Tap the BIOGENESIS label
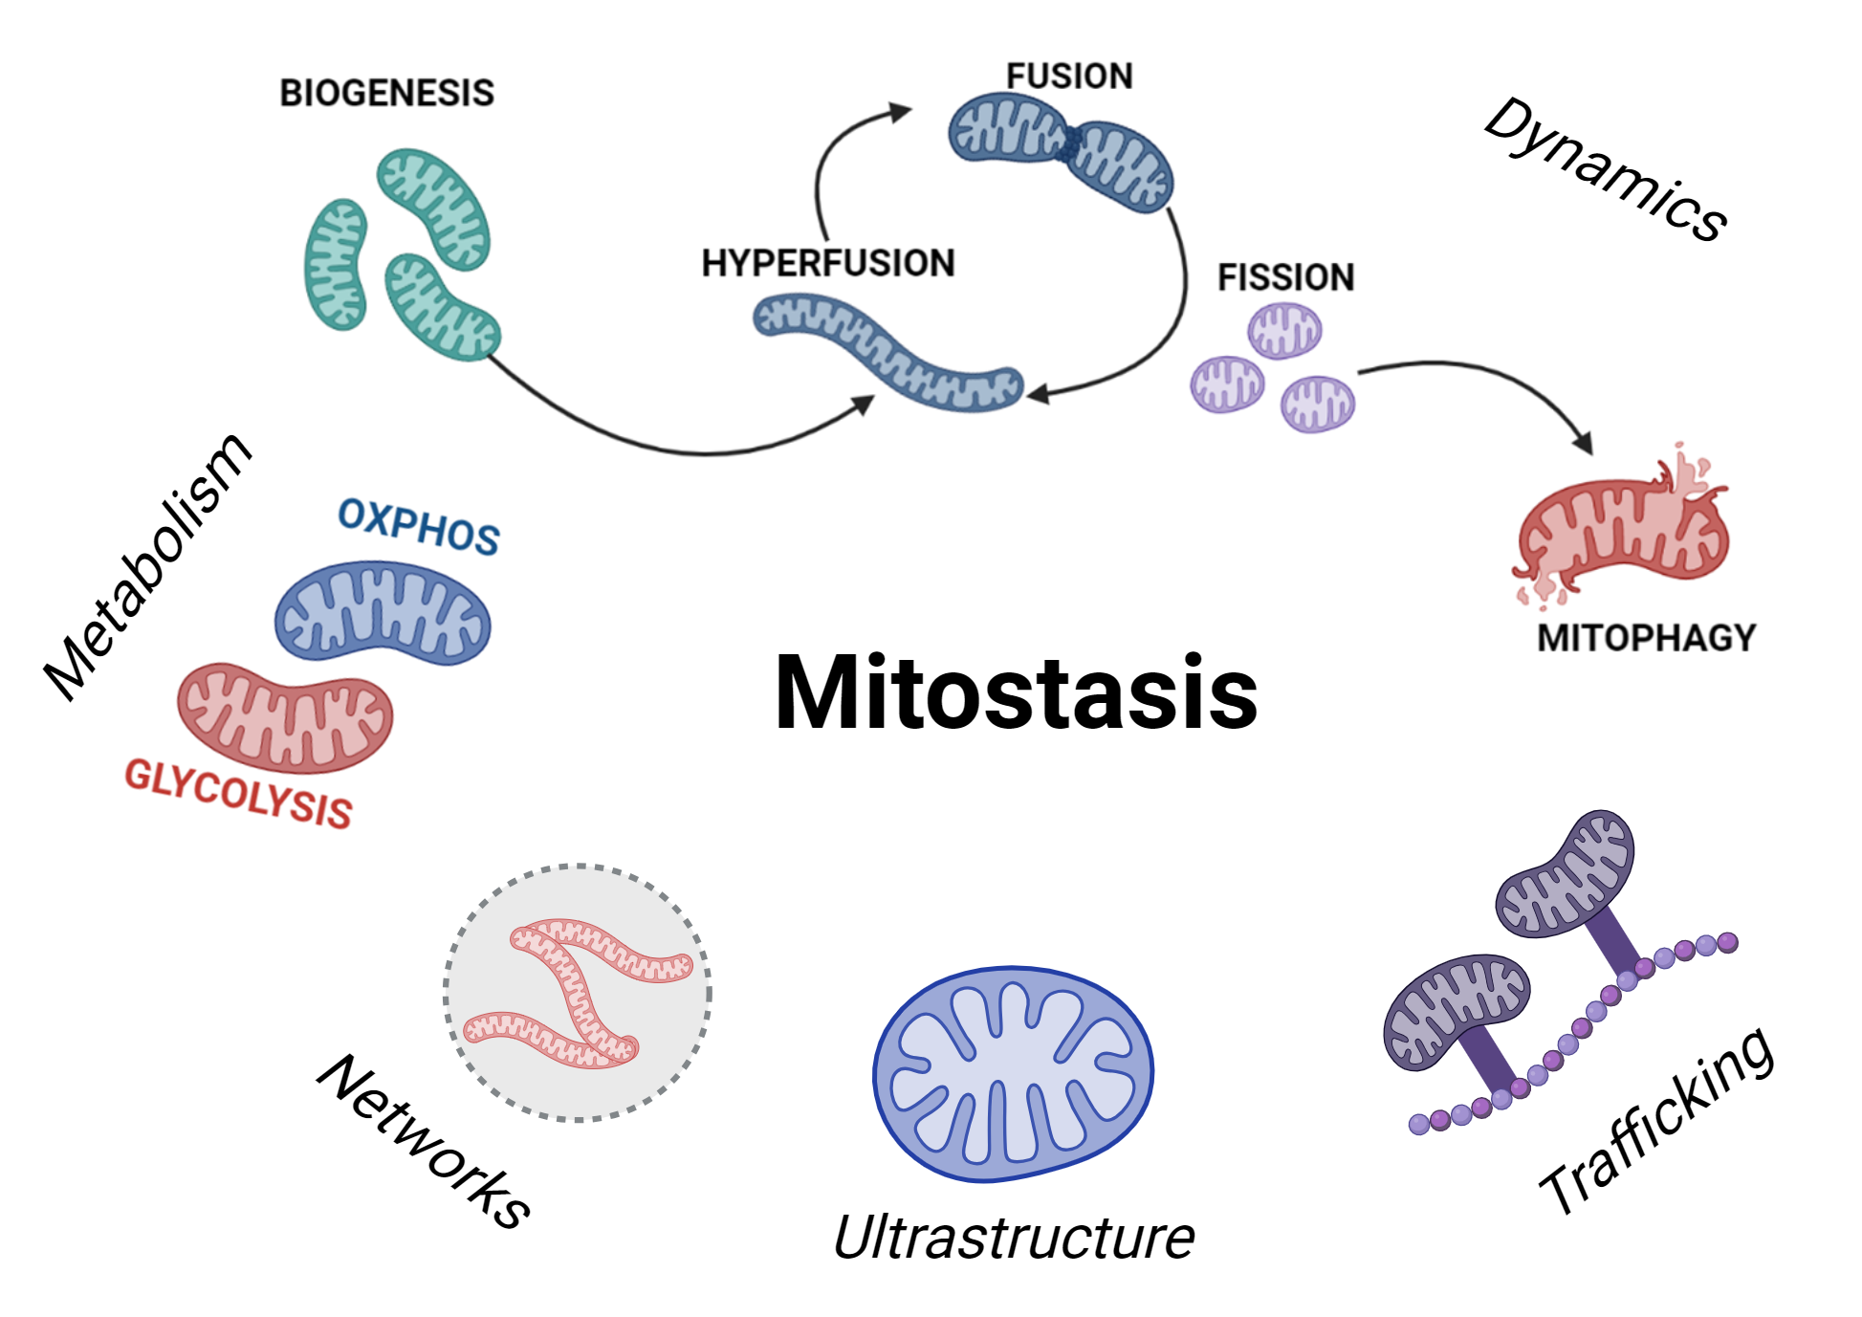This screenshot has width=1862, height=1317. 386,93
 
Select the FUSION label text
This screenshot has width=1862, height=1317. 1069,77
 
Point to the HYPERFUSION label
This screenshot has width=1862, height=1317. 828,263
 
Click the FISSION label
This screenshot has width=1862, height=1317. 1285,277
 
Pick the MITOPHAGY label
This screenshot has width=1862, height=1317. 1646,638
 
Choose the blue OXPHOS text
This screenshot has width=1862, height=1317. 419,526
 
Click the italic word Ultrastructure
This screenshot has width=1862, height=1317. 1014,1238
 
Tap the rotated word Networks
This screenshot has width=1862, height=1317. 424,1140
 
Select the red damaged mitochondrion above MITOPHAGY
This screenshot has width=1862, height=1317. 1623,531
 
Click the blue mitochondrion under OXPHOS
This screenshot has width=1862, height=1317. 383,613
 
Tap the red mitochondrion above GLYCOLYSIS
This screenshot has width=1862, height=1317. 285,718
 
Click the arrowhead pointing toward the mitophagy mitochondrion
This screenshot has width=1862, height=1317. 1584,443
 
